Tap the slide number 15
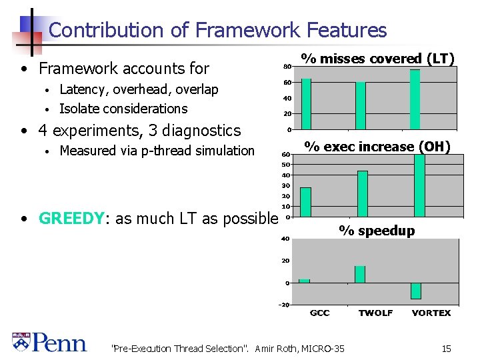tap(446, 348)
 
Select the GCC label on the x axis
tap(319, 313)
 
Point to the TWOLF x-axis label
tap(375, 313)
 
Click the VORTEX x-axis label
tap(431, 313)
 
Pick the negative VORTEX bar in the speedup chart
tap(416, 291)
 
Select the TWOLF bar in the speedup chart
tap(360, 274)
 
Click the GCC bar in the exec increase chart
tap(305, 202)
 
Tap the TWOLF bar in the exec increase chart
tap(363, 193)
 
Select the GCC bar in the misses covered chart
tap(306, 103)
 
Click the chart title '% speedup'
tap(377, 231)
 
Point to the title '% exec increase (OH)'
tap(377, 147)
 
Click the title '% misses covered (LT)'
tap(377, 59)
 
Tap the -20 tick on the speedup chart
tap(283, 305)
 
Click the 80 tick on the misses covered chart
tap(287, 66)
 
